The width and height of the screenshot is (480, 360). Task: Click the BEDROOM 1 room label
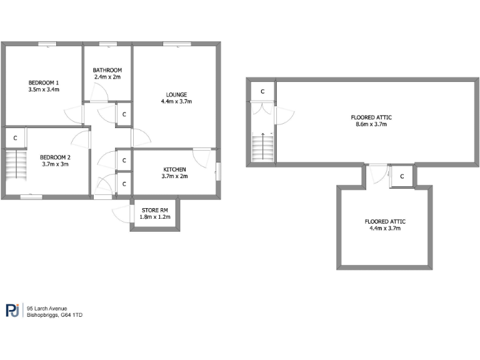(44, 82)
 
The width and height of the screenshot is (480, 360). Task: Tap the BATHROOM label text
(107, 70)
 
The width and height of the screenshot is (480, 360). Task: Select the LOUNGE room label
(176, 95)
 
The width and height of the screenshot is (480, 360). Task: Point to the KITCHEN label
(174, 170)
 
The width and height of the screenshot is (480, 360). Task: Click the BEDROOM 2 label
(55, 157)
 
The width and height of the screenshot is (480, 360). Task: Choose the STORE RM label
(154, 210)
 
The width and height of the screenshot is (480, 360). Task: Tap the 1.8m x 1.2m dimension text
(154, 217)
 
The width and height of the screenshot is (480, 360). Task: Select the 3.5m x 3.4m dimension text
(44, 90)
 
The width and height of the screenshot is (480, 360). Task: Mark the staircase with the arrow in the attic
(262, 147)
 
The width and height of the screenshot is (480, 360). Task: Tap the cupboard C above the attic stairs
(262, 92)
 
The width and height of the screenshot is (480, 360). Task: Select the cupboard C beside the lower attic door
(402, 176)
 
